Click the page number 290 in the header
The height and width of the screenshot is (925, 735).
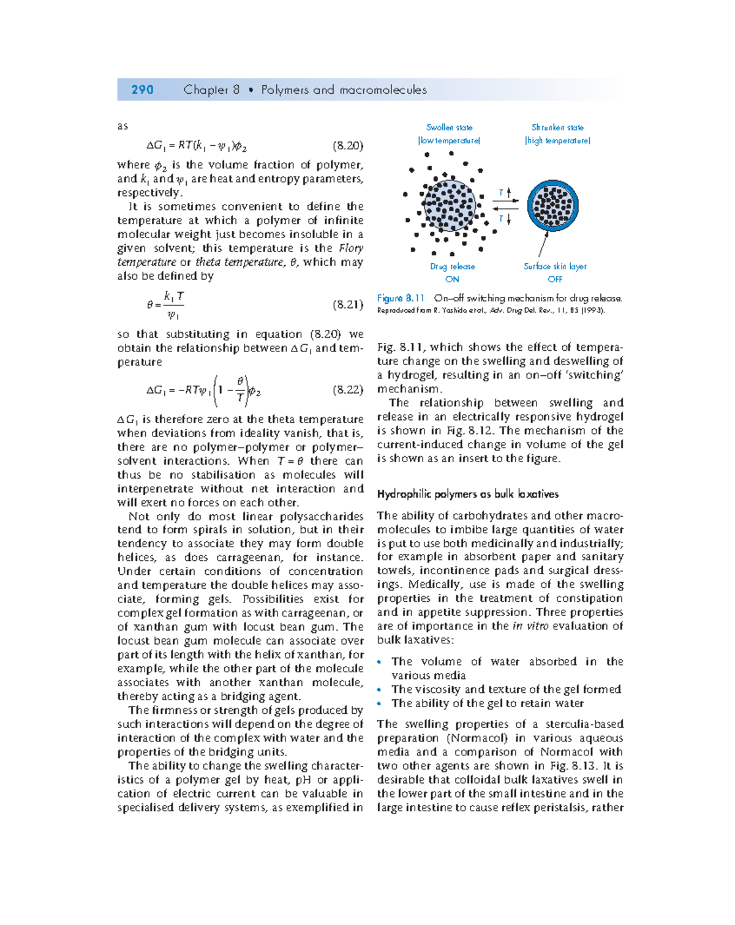142,90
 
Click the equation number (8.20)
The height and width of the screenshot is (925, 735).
348,146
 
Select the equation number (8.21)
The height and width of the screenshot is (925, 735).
348,304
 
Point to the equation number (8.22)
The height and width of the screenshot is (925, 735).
348,389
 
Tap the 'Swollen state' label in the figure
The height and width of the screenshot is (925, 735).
449,127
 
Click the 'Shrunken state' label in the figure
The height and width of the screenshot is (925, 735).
557,127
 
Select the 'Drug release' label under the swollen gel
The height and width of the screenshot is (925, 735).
452,266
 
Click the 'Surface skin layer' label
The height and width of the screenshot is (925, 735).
555,266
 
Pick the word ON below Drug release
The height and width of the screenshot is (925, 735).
452,279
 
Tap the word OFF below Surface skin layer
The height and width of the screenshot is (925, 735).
555,279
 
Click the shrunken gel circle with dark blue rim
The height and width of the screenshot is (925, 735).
552,205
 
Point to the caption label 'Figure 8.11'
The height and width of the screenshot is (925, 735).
401,298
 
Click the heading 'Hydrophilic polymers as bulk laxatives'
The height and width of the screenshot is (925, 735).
468,494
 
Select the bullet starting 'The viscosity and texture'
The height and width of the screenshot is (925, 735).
506,689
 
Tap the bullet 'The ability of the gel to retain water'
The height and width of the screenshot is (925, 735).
488,703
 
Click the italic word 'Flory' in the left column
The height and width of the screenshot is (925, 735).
351,248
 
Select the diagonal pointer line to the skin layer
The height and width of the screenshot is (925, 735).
543,244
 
